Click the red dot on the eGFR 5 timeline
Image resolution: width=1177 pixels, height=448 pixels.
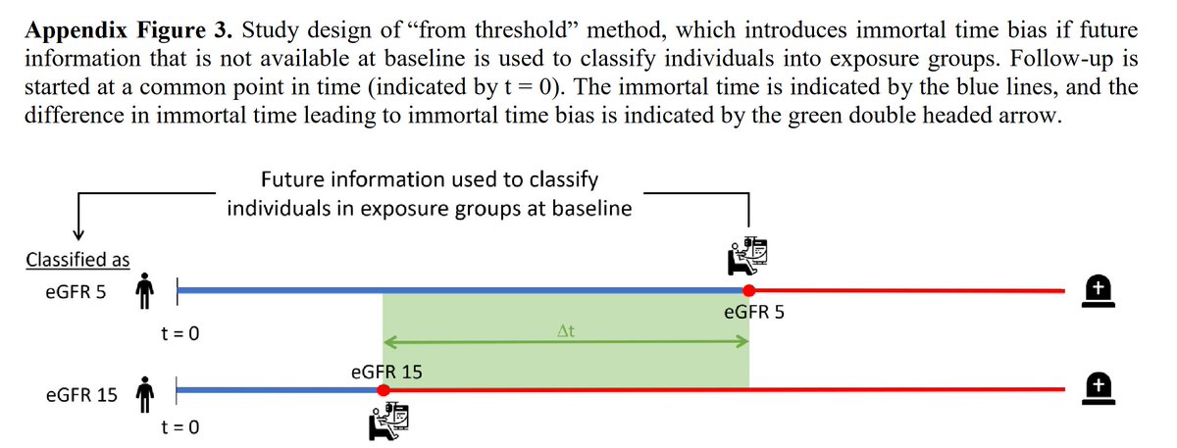click(748, 290)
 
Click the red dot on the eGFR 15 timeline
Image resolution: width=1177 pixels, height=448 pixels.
click(384, 390)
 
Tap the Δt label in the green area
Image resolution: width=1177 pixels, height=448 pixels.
click(565, 331)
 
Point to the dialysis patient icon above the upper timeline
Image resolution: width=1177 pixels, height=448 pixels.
click(748, 255)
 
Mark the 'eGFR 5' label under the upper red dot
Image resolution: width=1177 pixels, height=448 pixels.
click(753, 315)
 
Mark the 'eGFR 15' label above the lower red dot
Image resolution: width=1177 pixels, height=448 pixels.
click(386, 372)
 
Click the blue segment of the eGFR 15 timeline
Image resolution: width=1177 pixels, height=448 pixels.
click(280, 390)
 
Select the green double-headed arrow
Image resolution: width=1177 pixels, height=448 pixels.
click(565, 342)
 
